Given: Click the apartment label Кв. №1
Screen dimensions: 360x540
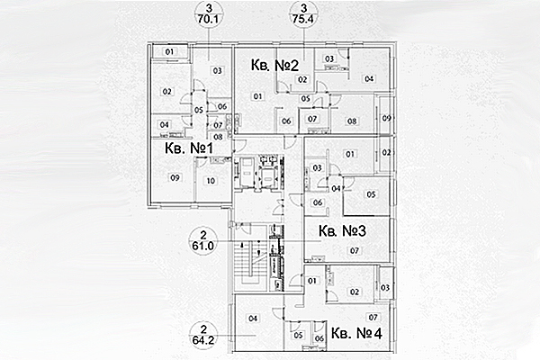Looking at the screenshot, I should coord(186,148).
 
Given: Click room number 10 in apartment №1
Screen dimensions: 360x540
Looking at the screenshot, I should coord(211,181).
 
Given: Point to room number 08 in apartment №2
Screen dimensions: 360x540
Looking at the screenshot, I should coord(353,121).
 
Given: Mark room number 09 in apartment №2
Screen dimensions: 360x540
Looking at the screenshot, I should coord(386,119).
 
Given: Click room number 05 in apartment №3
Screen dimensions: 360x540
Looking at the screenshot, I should coord(370,194).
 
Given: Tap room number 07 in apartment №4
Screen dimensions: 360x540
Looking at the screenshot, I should coord(372,318).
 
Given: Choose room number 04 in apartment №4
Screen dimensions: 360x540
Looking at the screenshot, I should coord(254,318).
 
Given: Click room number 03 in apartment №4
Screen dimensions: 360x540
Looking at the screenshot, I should coord(384,287).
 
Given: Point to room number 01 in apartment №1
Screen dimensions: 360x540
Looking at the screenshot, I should coord(169,53).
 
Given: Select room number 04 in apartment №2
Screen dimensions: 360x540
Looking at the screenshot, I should coord(368,79).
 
